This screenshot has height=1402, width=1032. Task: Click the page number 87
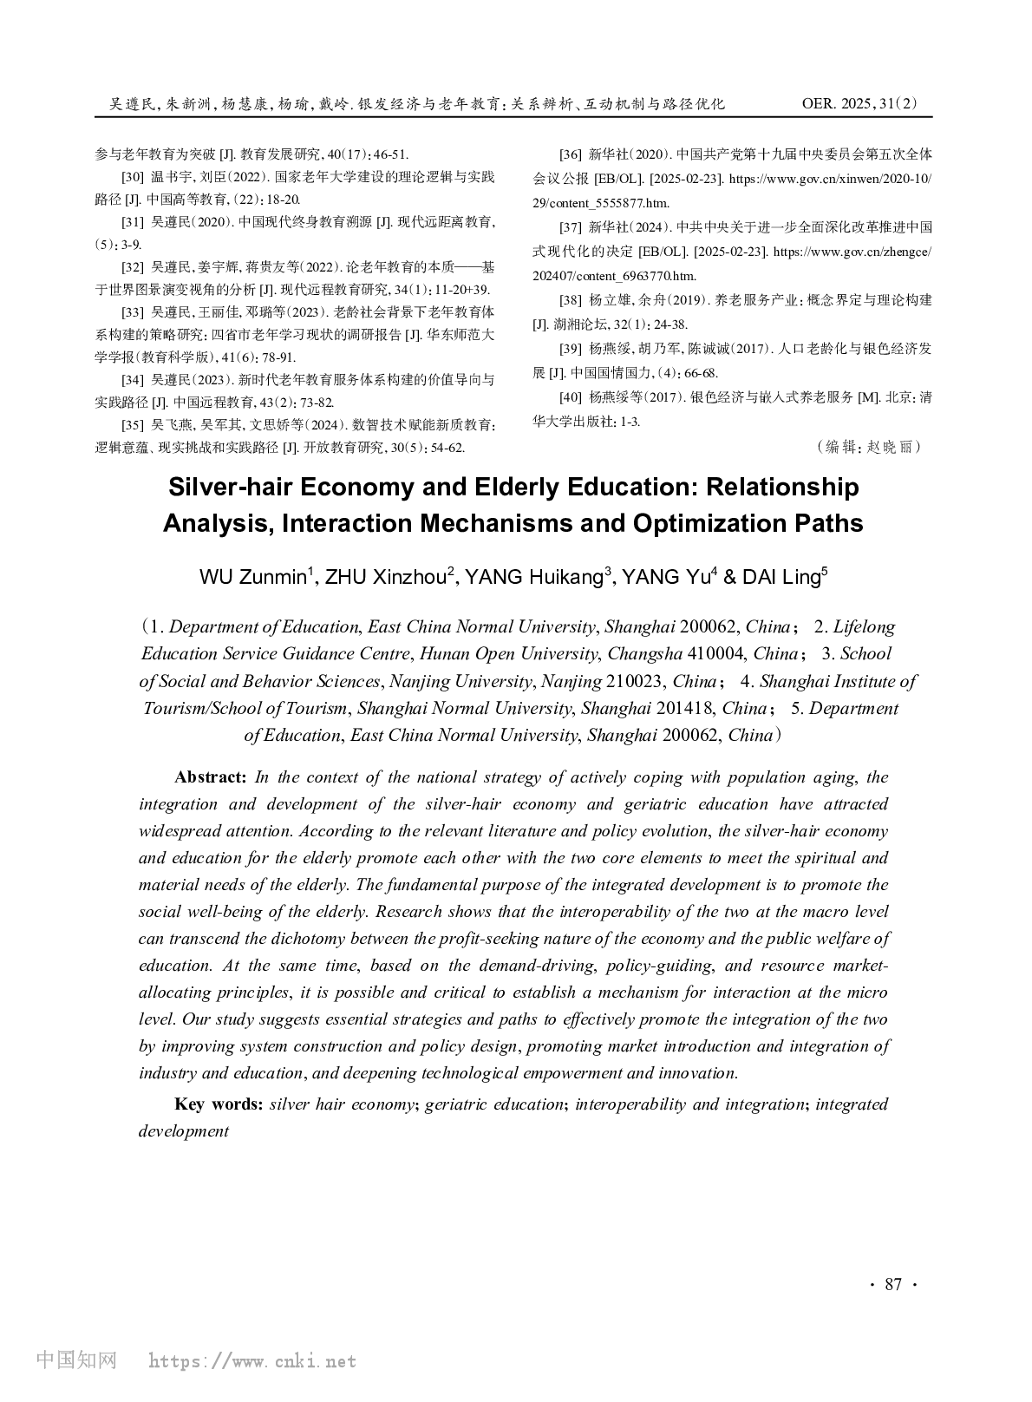point(893,1285)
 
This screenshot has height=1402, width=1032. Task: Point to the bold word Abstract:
point(211,777)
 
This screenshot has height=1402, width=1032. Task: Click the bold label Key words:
point(219,1104)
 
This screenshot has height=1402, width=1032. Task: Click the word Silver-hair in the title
point(230,487)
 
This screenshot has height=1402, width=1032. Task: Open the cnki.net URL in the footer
point(252,1361)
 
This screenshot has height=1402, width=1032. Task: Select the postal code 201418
point(683,708)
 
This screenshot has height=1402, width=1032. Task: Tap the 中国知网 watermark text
point(76,1360)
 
